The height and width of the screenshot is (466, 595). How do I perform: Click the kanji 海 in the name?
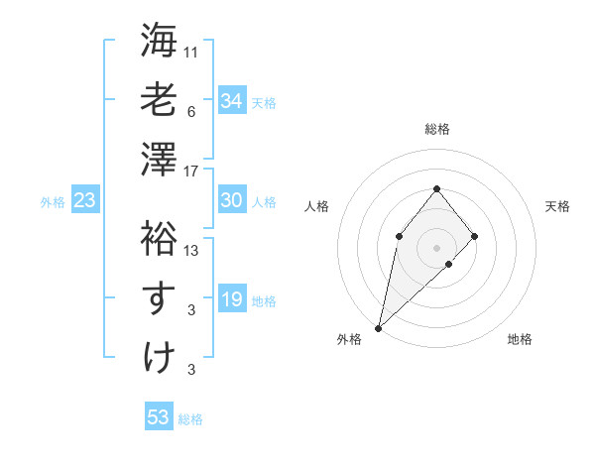click(159, 43)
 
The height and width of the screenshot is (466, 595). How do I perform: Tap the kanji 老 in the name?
click(159, 101)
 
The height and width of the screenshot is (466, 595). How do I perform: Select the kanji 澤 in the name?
click(159, 159)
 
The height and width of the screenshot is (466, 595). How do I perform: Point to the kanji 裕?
click(159, 239)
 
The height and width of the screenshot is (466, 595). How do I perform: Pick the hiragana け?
click(159, 356)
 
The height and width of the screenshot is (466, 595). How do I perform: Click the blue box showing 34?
click(232, 101)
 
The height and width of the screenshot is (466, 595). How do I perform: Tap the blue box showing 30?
click(232, 200)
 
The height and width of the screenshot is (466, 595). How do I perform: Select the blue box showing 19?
click(232, 299)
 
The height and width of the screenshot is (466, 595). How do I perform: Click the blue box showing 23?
click(85, 200)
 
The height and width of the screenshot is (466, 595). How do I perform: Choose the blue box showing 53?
click(159, 417)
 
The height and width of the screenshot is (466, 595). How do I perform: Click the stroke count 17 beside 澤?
click(192, 172)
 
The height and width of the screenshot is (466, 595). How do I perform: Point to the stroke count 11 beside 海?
click(192, 51)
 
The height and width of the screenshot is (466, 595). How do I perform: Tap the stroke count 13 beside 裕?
click(192, 251)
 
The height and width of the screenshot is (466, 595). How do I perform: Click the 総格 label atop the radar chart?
click(437, 129)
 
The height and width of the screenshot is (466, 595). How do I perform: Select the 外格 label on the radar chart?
click(349, 339)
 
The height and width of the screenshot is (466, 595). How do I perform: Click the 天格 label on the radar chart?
click(557, 206)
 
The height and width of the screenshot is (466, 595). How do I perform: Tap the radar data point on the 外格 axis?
click(378, 327)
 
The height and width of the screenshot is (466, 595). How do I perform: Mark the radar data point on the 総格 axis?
click(437, 188)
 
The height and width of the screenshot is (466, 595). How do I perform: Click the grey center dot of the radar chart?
click(437, 247)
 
